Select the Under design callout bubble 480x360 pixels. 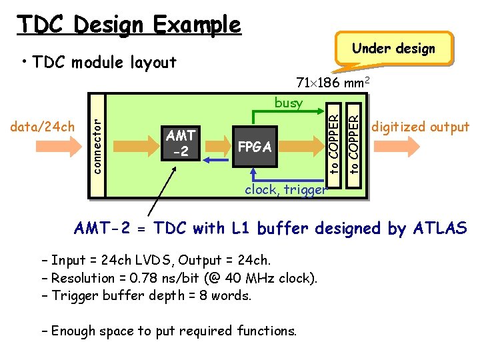pos(393,48)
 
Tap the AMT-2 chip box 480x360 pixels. pos(180,144)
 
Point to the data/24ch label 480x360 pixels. pos(43,127)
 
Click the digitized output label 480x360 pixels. pos(420,127)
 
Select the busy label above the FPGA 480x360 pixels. pos(288,103)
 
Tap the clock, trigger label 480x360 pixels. pos(286,189)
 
